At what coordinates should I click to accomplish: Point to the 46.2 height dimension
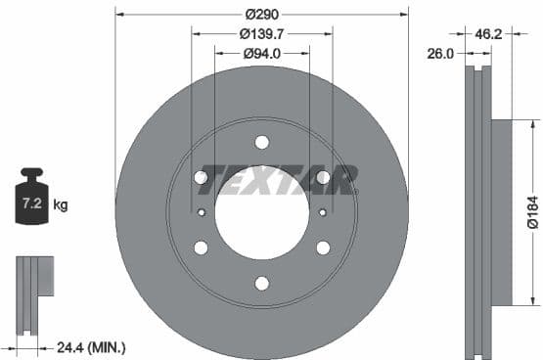(489, 33)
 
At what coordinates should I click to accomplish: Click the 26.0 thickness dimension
(440, 55)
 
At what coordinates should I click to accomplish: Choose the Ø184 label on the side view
(531, 212)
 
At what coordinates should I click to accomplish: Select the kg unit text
(61, 205)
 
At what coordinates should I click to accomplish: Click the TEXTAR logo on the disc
(278, 179)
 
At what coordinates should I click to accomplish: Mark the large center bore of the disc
(261, 213)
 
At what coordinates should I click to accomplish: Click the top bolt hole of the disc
(261, 143)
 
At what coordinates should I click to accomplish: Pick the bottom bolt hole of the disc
(261, 284)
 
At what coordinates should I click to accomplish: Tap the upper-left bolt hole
(201, 177)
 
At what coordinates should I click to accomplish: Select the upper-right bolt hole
(323, 177)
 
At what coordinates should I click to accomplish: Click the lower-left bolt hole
(201, 247)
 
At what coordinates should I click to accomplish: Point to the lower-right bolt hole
(323, 247)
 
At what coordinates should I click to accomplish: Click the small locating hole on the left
(202, 212)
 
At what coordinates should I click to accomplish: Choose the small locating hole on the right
(322, 212)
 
